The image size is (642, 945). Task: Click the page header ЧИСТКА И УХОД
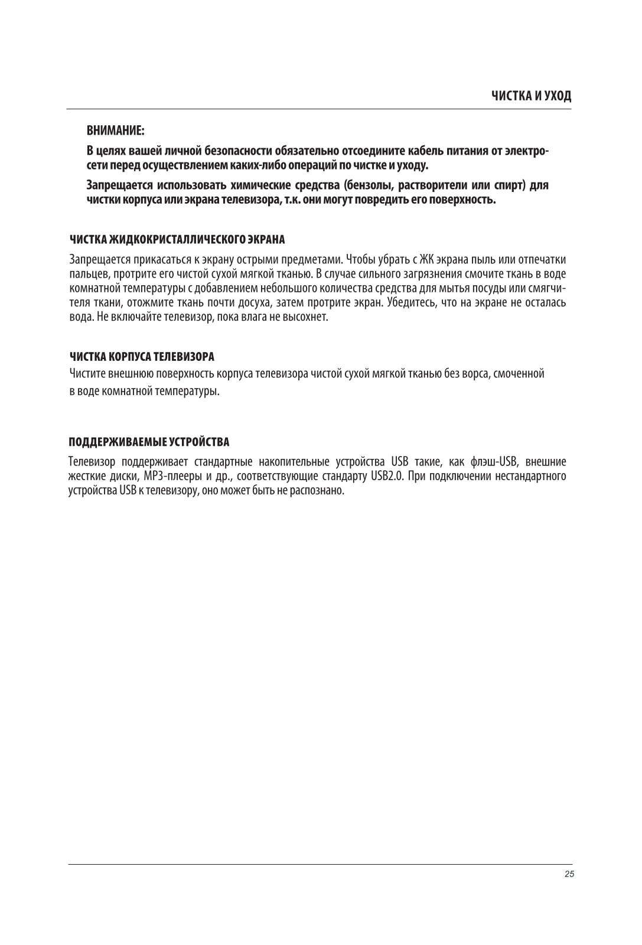pyautogui.click(x=532, y=96)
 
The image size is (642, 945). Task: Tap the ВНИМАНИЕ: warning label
pyautogui.click(x=116, y=129)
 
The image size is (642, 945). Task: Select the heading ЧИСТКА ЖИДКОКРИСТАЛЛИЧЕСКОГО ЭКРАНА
pyautogui.click(x=177, y=239)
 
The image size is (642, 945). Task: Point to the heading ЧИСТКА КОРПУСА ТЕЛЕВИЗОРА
pyautogui.click(x=142, y=357)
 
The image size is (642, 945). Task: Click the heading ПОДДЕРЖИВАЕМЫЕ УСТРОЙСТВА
pyautogui.click(x=149, y=442)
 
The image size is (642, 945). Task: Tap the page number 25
pyautogui.click(x=569, y=875)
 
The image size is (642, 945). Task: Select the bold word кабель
pyautogui.click(x=429, y=151)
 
